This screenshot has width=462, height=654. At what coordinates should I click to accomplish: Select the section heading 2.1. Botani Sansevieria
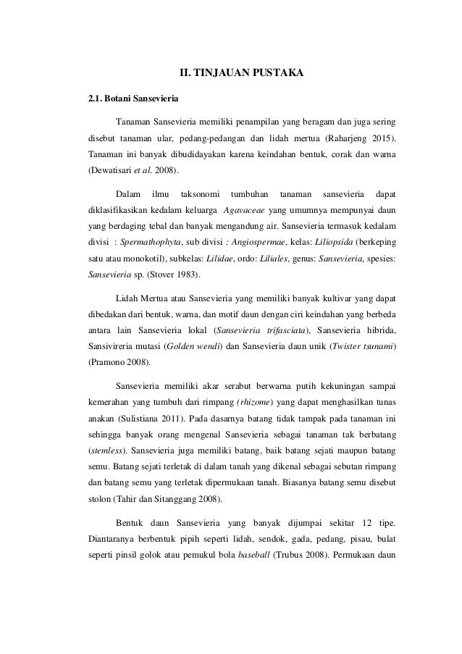tap(127, 97)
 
